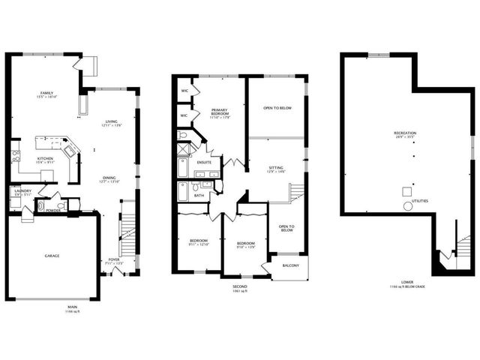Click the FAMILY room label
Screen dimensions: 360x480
47,93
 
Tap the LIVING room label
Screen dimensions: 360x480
112,121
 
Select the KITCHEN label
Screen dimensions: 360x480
45,158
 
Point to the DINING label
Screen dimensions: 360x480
109,178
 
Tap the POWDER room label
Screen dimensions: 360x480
53,210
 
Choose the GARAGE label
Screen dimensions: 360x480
51,256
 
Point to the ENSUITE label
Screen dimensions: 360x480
204,162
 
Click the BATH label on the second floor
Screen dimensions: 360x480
199,195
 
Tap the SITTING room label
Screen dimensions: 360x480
277,169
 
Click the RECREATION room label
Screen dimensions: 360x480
405,133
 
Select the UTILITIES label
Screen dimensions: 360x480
419,201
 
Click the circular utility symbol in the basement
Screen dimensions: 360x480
408,205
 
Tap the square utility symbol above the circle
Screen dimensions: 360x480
407,190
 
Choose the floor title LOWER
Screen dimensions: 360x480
406,282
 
